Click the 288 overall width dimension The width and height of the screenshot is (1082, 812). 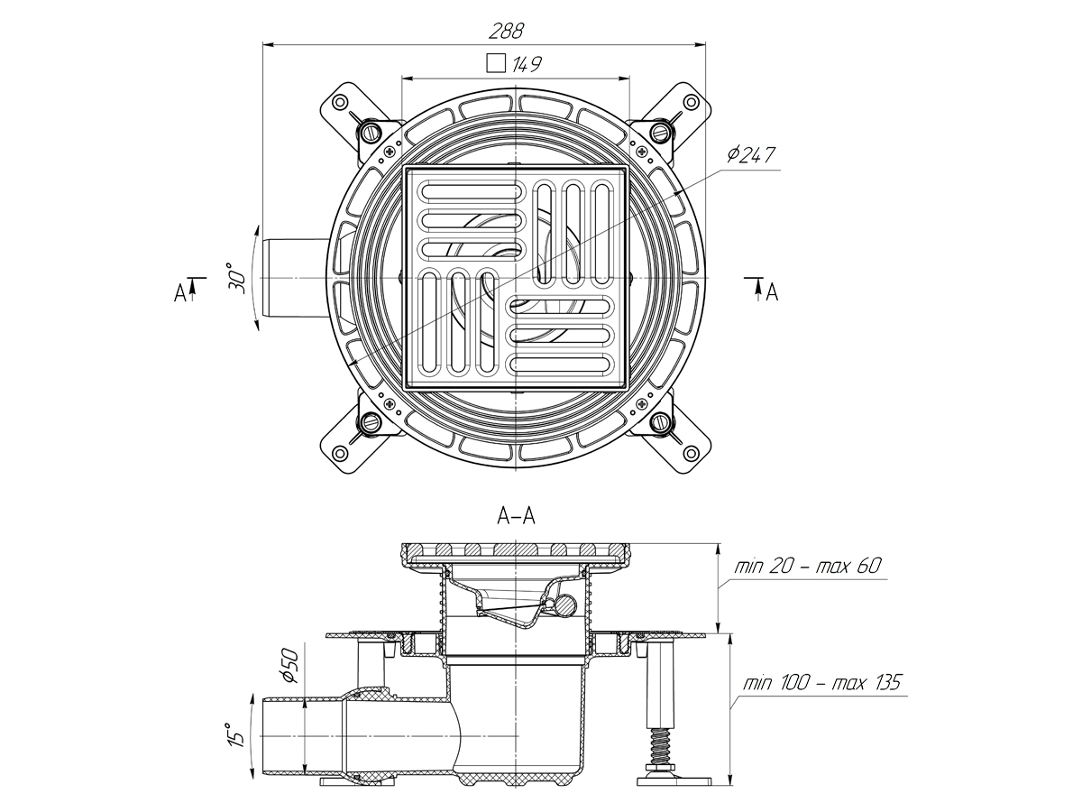pos(507,31)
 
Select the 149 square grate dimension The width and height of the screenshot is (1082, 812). pos(528,64)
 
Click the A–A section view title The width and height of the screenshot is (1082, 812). pos(516,517)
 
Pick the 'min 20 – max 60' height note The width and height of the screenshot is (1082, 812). pos(808,567)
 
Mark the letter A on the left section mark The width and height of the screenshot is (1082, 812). pos(181,292)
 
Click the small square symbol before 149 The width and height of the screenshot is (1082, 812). pos(494,64)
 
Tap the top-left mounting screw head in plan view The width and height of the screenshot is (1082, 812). pos(371,133)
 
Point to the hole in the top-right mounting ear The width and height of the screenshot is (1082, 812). pos(690,102)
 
